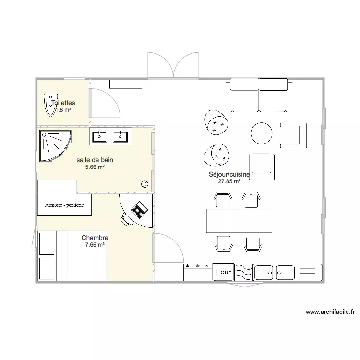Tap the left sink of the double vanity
click(100, 137)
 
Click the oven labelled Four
click(223, 272)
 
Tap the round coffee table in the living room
click(262, 133)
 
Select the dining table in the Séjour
click(239, 221)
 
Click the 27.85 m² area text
click(229, 182)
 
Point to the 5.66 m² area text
click(95, 168)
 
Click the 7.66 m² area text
click(95, 245)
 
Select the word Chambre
click(95, 238)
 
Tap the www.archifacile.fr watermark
click(330, 312)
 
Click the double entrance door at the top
click(173, 65)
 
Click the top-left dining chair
click(223, 199)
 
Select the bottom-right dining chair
click(252, 244)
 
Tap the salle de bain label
click(95, 160)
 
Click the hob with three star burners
click(197, 272)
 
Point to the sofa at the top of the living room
click(259, 95)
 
